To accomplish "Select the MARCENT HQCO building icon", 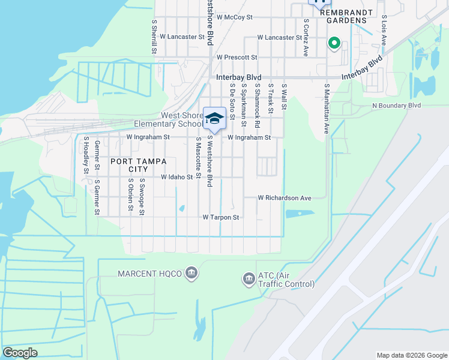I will (x=191, y=273).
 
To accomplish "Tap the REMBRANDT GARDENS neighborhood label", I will (x=343, y=16).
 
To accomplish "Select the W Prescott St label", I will (x=237, y=57).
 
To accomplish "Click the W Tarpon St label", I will (x=221, y=217).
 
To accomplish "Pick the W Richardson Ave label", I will (x=285, y=197).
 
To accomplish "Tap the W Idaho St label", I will (x=176, y=177).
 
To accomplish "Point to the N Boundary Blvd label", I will (x=397, y=105).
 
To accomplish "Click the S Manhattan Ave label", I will (x=327, y=108).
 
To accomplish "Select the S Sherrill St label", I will (x=154, y=35).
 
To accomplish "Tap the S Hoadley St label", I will (x=86, y=155).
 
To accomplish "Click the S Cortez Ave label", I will (x=306, y=37).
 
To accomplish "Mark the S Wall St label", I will (x=284, y=97).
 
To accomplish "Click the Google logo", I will (x=20, y=353).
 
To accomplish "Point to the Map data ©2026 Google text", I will (x=411, y=355).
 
